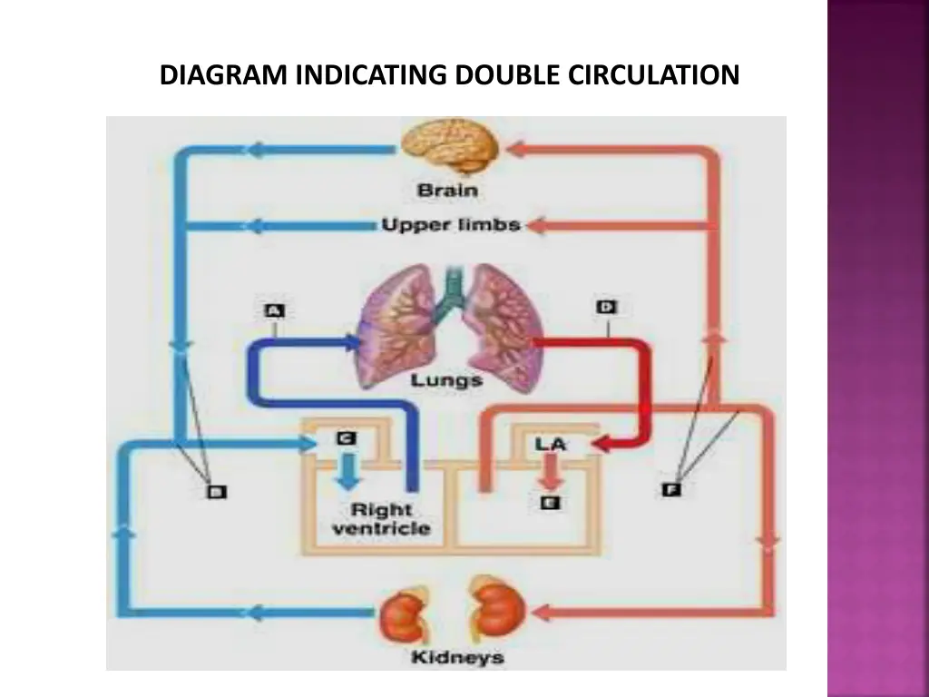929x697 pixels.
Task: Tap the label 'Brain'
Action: click(447, 191)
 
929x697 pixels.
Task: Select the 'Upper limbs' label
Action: click(451, 224)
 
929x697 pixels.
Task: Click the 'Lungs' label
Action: click(446, 379)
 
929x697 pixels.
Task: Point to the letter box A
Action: click(274, 311)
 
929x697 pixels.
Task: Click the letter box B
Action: click(216, 492)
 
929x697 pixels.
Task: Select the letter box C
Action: click(346, 438)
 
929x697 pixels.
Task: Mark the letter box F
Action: click(671, 491)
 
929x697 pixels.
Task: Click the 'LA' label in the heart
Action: click(551, 444)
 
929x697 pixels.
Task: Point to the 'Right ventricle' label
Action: click(381, 519)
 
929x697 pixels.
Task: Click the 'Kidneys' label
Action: click(457, 657)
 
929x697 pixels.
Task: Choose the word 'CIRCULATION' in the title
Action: click(654, 74)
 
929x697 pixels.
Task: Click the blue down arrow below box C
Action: click(346, 470)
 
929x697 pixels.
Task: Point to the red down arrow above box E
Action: click(550, 470)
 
